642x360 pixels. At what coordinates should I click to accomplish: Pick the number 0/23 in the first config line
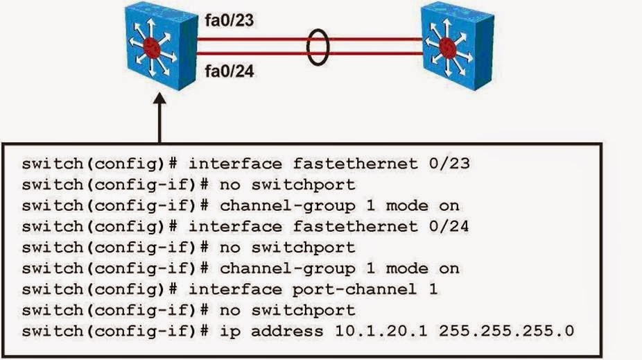446,164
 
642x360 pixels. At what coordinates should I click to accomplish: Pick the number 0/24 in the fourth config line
446,226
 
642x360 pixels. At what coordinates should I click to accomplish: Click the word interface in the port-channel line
235,289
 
